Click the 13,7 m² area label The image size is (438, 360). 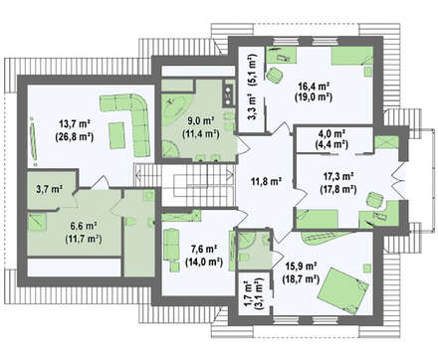click(75, 124)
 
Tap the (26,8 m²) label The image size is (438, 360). click(75, 136)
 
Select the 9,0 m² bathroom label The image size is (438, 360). click(201, 121)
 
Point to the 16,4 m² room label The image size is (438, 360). click(314, 86)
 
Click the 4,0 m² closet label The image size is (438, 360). click(331, 133)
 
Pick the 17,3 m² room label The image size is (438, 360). click(338, 176)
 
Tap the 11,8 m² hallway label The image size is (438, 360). click(266, 182)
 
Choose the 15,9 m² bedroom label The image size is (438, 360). click(301, 266)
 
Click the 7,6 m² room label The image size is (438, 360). click(204, 249)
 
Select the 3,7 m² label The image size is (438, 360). click(49, 190)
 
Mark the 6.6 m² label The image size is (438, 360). click(84, 227)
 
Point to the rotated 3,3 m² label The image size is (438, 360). click(252, 106)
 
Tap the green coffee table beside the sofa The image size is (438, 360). click(116, 135)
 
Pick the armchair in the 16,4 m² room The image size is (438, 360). click(274, 75)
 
